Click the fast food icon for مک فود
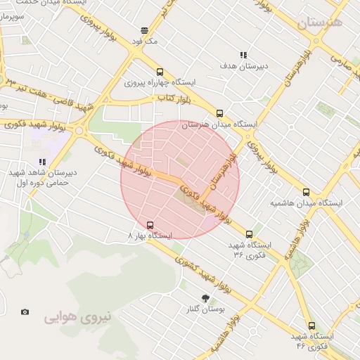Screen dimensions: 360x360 coord(144,30)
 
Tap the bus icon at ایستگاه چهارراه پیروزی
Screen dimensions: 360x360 coord(160,72)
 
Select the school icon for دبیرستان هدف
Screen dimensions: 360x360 coord(243,54)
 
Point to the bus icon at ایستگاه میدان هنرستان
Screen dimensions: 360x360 coord(219,113)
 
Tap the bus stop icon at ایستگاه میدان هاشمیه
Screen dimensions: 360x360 coord(305,191)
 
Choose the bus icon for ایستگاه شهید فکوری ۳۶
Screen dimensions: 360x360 coord(249,234)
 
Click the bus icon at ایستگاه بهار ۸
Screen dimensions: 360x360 coord(149,225)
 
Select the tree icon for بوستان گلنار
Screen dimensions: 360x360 coord(205,298)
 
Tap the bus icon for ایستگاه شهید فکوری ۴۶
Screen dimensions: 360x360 coord(311,326)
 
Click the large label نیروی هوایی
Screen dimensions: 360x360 coord(78,317)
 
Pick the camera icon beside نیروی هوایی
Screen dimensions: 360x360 coord(25,311)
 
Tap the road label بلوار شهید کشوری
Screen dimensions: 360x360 coord(210,274)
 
